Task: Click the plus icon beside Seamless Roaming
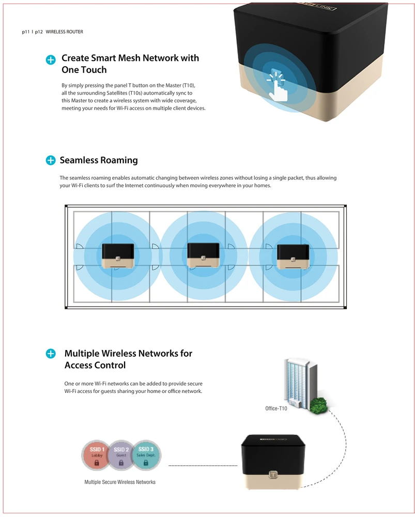click(x=51, y=160)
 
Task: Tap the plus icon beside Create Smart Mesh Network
click(x=51, y=59)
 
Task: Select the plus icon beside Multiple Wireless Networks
click(x=51, y=354)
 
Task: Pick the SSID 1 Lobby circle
click(x=97, y=455)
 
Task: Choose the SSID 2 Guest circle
click(x=121, y=455)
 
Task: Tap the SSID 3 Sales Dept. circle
click(x=146, y=455)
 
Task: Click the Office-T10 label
click(x=276, y=408)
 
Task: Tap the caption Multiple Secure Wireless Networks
click(x=120, y=482)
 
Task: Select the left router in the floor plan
click(x=118, y=256)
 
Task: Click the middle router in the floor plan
click(x=204, y=255)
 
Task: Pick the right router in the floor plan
click(x=293, y=256)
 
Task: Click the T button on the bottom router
click(x=273, y=475)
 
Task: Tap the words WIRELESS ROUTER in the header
click(x=64, y=32)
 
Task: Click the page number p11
click(x=26, y=32)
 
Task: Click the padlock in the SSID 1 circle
click(x=97, y=463)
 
